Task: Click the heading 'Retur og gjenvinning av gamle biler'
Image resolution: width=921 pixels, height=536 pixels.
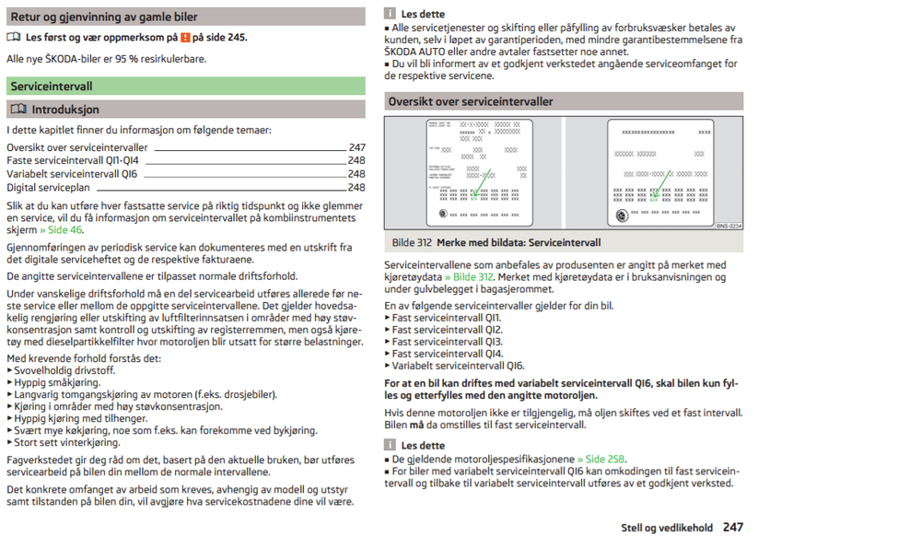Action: (104, 17)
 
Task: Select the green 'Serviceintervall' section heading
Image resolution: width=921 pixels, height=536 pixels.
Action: (52, 86)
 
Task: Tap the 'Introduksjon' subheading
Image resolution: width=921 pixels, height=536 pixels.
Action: (65, 110)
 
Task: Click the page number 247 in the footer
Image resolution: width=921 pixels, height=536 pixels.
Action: (733, 527)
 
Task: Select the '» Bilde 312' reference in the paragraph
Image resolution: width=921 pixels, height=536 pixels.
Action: (469, 276)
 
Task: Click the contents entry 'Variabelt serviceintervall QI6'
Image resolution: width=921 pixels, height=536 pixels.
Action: (72, 173)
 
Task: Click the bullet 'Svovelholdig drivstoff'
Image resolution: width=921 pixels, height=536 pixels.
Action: (64, 369)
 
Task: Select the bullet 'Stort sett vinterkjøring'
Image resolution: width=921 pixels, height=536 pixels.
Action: (67, 442)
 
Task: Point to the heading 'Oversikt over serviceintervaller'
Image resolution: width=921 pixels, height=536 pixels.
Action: (471, 101)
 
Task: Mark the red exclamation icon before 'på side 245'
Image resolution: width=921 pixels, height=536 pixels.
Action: (185, 38)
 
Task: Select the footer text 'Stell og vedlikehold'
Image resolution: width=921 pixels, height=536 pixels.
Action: (667, 528)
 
